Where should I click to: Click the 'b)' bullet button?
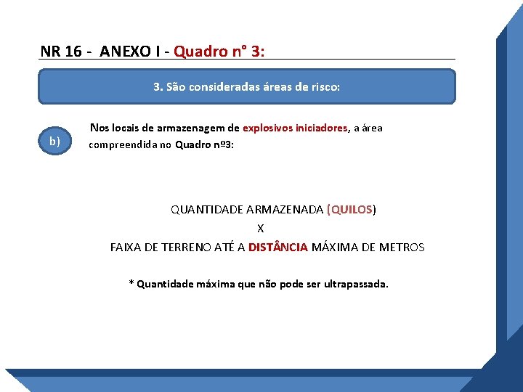[x=54, y=141]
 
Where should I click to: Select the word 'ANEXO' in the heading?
[x=123, y=51]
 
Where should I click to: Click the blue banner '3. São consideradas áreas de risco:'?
[x=246, y=87]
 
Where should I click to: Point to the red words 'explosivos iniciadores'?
[x=295, y=128]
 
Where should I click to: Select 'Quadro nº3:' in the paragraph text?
[x=205, y=144]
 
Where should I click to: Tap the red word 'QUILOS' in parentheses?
[x=352, y=209]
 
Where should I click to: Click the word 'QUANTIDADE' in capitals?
[x=207, y=209]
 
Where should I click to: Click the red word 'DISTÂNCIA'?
[x=278, y=247]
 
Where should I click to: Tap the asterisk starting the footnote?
[x=131, y=282]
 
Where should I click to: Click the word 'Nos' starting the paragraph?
[x=99, y=128]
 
